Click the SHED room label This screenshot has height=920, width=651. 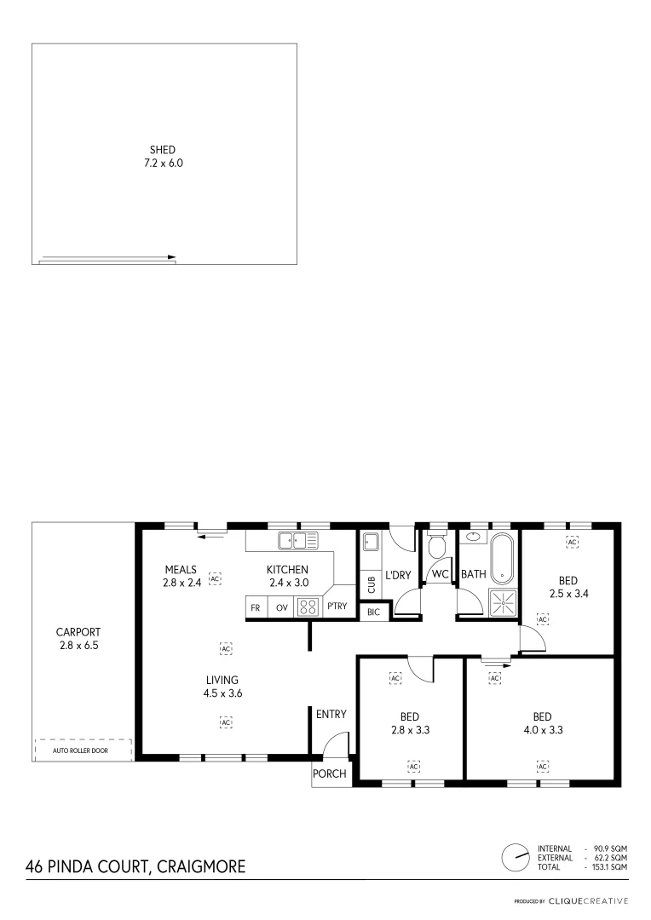pyautogui.click(x=163, y=149)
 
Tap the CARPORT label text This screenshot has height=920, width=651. pyautogui.click(x=78, y=632)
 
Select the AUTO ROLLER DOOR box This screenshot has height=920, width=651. pyautogui.click(x=83, y=750)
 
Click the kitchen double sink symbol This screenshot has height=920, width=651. pyautogui.click(x=297, y=539)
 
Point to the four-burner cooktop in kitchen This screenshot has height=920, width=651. pyautogui.click(x=308, y=607)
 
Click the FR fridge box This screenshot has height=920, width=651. pyautogui.click(x=256, y=607)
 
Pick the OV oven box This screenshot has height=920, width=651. pyautogui.click(x=281, y=607)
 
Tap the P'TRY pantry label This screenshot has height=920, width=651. pyautogui.click(x=337, y=607)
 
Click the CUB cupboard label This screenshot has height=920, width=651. pyautogui.click(x=371, y=584)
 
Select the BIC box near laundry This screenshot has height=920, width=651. pyautogui.click(x=373, y=612)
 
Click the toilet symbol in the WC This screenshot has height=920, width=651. pyautogui.click(x=439, y=545)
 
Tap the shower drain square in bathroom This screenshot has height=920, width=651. pyautogui.click(x=503, y=602)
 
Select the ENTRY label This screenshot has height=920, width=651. pyautogui.click(x=331, y=714)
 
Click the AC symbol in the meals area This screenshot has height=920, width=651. pyautogui.click(x=215, y=578)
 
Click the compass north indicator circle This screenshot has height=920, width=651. pyautogui.click(x=515, y=858)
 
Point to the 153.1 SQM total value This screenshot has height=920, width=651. pyautogui.click(x=609, y=867)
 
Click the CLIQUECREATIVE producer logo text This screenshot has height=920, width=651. pyautogui.click(x=588, y=900)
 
